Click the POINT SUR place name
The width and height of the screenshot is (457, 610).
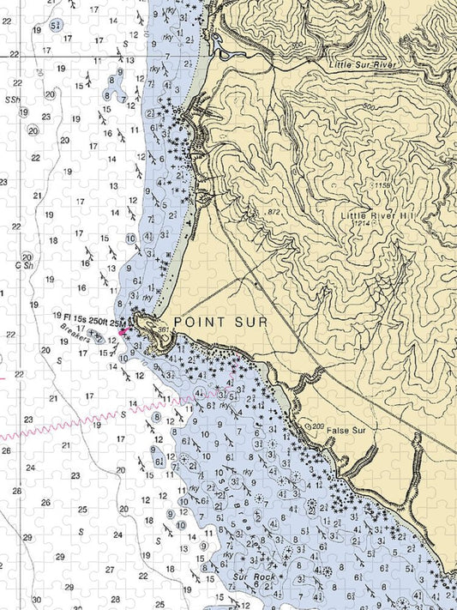219,321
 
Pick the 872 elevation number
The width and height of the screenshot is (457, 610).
274,211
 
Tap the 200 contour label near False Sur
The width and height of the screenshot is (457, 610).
317,426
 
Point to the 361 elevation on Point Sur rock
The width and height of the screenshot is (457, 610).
161,328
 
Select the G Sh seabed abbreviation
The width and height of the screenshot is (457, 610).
25,265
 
